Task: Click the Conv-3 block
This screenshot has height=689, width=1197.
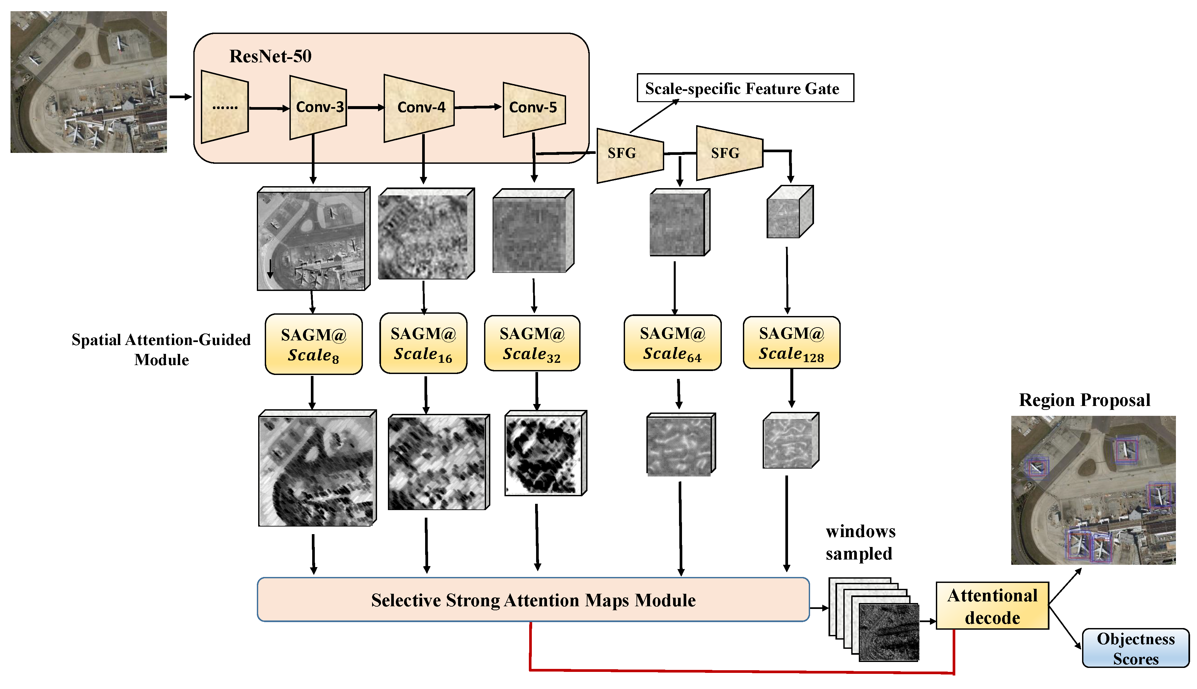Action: click(318, 107)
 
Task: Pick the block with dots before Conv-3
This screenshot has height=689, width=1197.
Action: click(225, 107)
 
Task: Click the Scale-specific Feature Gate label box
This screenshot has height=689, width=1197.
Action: click(745, 88)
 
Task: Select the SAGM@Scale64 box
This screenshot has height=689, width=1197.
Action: click(672, 343)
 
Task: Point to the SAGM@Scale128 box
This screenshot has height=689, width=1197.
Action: click(791, 343)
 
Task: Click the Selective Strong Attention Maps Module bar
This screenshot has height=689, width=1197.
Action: click(533, 600)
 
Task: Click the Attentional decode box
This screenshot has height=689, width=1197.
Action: click(992, 606)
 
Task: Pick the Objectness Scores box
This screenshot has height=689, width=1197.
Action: click(1135, 648)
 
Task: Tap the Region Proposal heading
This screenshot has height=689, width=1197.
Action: click(1084, 400)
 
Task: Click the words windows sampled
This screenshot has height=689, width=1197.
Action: click(860, 542)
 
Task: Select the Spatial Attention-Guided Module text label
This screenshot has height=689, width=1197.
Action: click(161, 349)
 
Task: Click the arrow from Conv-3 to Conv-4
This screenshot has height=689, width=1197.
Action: click(365, 108)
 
